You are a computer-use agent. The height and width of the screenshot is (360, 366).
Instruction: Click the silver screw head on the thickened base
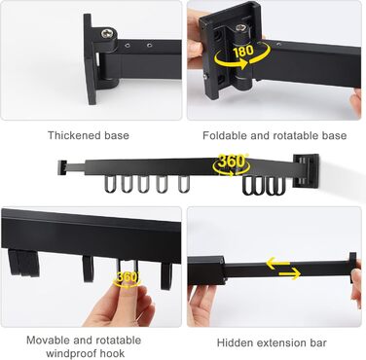(107, 33)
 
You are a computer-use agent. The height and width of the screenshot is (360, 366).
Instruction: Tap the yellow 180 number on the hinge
(243, 50)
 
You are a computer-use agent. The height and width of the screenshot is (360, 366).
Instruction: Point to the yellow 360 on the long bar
(231, 161)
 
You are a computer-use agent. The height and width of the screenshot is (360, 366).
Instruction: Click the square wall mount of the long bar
(306, 170)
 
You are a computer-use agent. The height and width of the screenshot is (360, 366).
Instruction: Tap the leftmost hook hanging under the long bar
(109, 184)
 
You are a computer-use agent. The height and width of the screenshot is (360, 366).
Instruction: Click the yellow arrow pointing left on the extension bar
(278, 264)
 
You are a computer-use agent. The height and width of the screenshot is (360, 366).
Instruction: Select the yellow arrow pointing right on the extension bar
(289, 274)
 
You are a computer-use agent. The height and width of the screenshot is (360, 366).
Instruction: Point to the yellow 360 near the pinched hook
(128, 277)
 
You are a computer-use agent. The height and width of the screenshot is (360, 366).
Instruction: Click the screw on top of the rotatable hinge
(240, 28)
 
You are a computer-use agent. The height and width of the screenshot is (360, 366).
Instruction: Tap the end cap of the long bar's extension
(62, 167)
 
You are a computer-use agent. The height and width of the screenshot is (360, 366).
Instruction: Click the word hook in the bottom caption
(115, 353)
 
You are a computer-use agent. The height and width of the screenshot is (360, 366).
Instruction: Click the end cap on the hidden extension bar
(352, 268)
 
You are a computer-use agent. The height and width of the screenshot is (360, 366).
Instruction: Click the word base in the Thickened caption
(119, 135)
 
